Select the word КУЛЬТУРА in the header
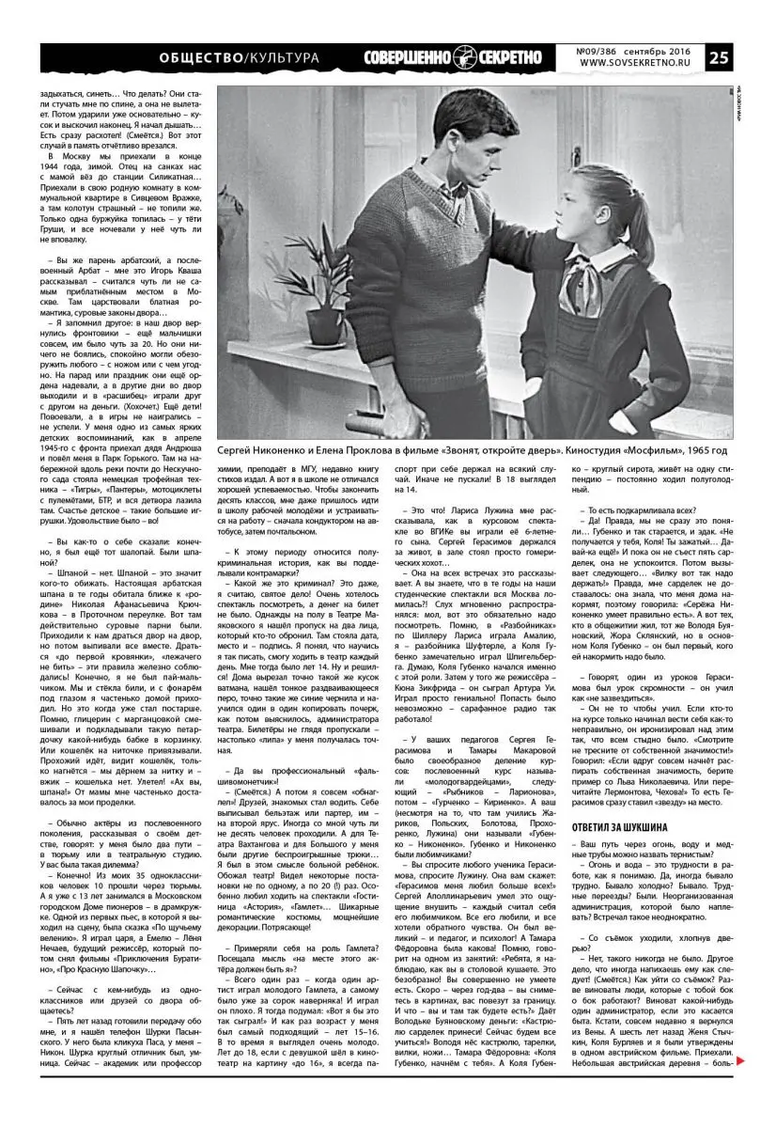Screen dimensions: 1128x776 click(281, 58)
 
